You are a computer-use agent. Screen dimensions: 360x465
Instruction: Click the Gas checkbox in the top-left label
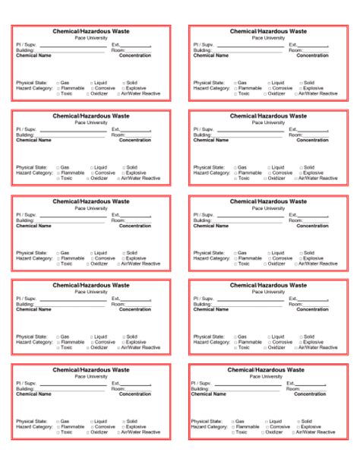tap(58, 82)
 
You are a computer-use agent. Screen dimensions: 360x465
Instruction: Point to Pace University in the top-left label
tap(90, 37)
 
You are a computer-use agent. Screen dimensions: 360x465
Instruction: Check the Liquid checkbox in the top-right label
tap(269, 82)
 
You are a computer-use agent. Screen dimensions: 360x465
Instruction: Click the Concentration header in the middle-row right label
tap(311, 226)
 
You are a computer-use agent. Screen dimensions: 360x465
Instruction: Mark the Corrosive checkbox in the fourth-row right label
tap(269, 343)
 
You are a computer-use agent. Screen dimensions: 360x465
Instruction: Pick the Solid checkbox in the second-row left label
tap(122, 167)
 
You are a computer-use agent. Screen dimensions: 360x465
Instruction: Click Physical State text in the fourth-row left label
tap(31, 337)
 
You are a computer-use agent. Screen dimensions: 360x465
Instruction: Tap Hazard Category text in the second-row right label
tap(212, 172)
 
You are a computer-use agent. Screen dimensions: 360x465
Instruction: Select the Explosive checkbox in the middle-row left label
tap(122, 258)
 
